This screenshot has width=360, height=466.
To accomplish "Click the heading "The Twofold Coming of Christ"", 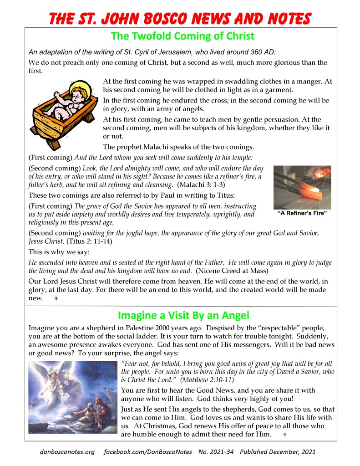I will point(182,36).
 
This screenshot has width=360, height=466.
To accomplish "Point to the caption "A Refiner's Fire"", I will point(302,213).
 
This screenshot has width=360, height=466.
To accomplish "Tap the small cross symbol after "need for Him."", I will point(284,435).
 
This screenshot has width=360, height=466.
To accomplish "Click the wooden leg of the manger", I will point(55,143).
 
